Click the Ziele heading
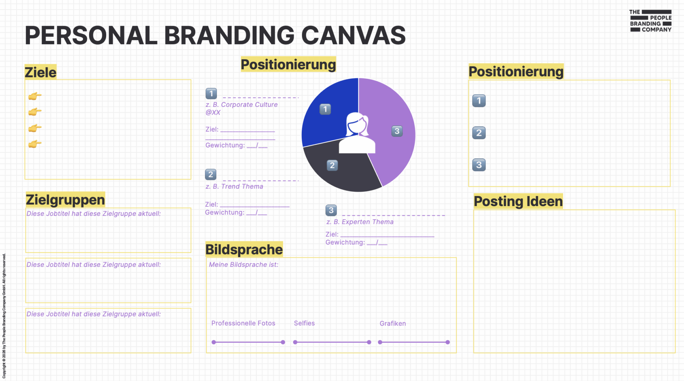click(41, 72)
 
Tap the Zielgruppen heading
click(66, 200)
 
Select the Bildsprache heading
click(244, 249)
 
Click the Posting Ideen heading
click(518, 201)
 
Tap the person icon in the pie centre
click(357, 133)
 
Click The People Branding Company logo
click(651, 21)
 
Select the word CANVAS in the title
click(353, 36)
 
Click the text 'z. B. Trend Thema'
click(234, 186)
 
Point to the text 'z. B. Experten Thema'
click(360, 222)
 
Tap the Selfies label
click(304, 323)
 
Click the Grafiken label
click(393, 324)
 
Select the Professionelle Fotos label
click(243, 323)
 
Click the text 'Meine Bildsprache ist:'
click(244, 264)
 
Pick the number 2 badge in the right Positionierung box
click(479, 133)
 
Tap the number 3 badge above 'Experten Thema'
click(331, 210)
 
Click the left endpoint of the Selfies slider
click(295, 342)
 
